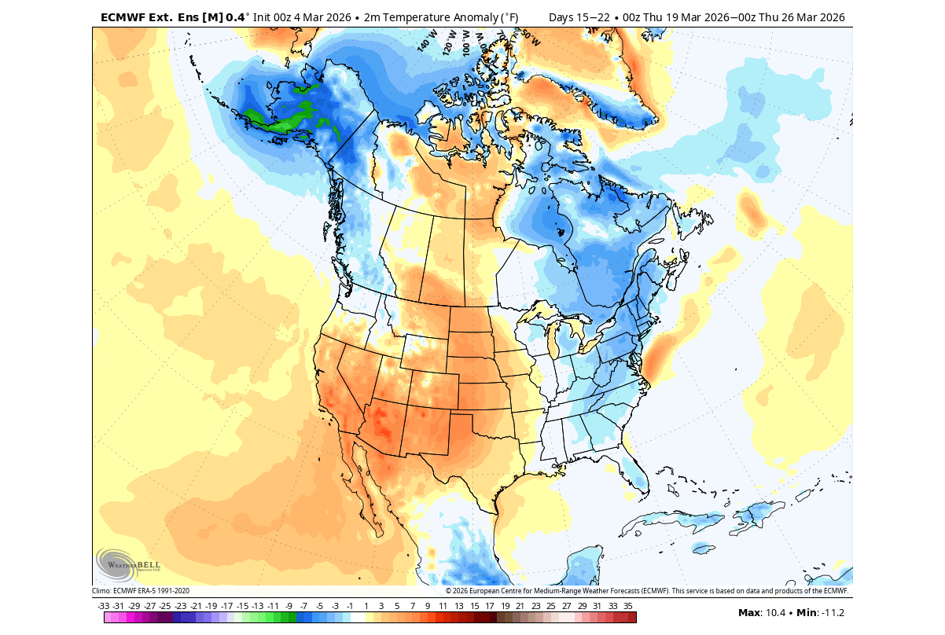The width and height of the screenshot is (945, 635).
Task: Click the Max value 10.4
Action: [774, 613]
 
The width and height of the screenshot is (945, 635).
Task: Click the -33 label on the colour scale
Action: [103, 606]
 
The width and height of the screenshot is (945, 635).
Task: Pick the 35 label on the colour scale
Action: [627, 606]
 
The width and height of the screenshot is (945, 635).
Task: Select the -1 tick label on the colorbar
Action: [350, 606]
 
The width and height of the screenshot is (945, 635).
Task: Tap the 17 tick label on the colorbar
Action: [489, 606]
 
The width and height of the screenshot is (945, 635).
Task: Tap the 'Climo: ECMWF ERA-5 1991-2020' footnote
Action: [141, 591]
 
